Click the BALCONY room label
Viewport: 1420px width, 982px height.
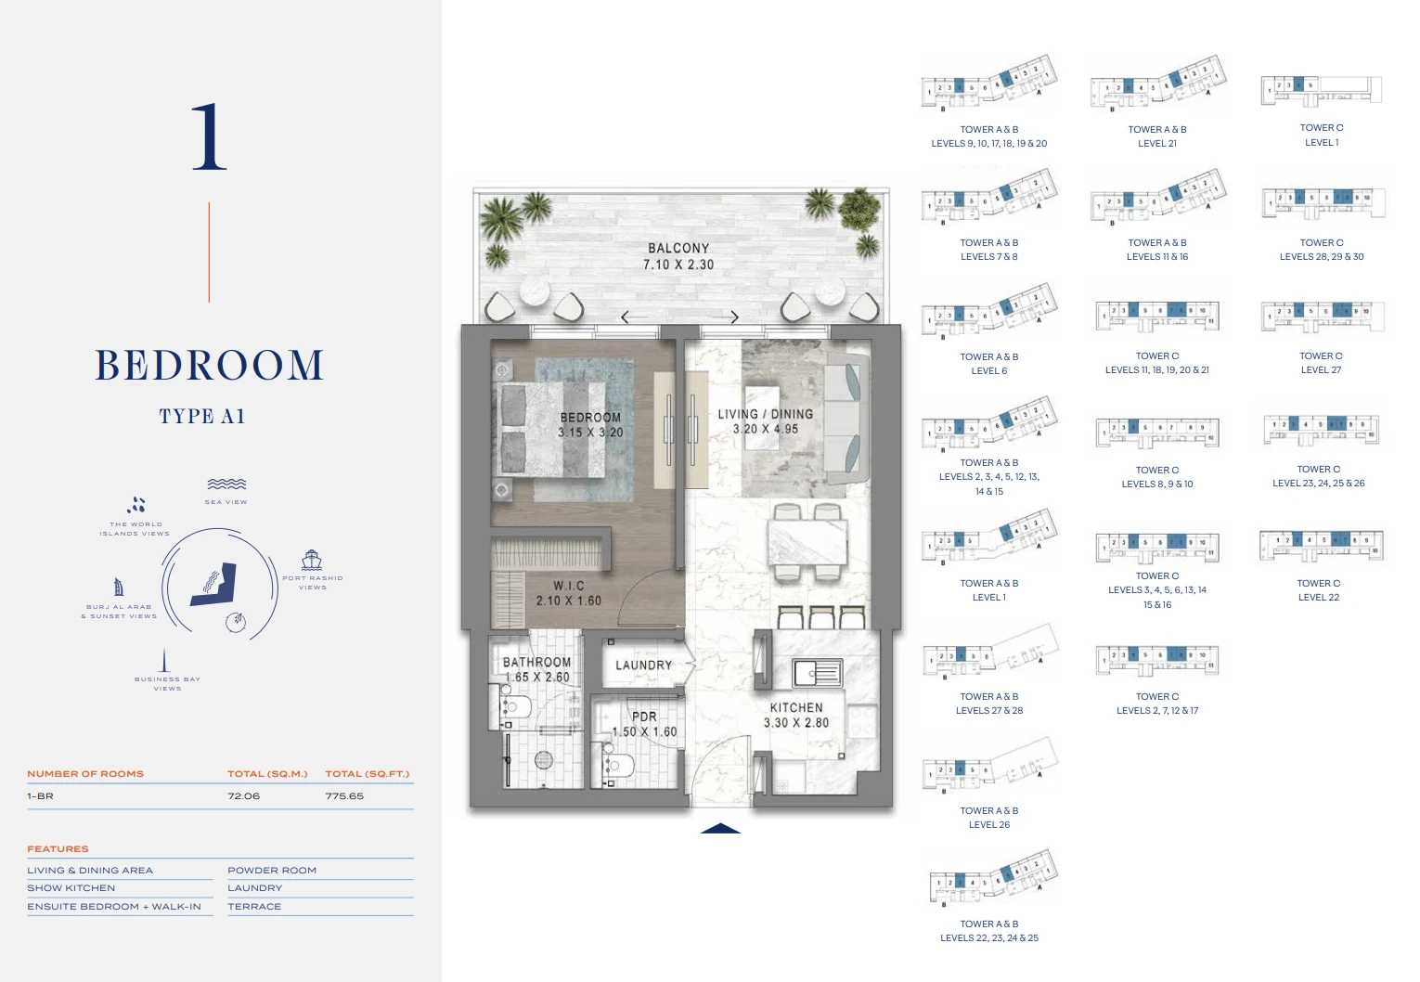(x=678, y=249)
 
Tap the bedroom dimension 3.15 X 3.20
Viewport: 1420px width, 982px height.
(x=590, y=433)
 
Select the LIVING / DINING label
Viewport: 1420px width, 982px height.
(x=765, y=414)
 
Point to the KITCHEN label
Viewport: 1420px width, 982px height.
(x=796, y=707)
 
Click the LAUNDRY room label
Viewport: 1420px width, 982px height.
(x=643, y=665)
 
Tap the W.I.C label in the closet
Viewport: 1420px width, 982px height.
(x=569, y=586)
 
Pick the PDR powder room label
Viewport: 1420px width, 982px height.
(x=644, y=717)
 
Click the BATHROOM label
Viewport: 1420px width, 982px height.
(x=536, y=662)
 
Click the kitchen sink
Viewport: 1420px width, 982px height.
(x=817, y=672)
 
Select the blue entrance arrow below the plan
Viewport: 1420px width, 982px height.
(x=720, y=828)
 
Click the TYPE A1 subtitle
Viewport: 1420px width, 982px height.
(x=201, y=417)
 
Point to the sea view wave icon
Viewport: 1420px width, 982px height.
(x=226, y=485)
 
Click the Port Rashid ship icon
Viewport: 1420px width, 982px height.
(x=312, y=560)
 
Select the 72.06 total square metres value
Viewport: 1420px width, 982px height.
(x=244, y=796)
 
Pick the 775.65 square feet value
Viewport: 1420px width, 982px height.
(x=344, y=796)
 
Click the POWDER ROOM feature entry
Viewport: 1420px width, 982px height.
(x=272, y=871)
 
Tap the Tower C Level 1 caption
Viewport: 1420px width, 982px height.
(x=1322, y=136)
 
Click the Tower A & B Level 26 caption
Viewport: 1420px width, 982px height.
(x=989, y=818)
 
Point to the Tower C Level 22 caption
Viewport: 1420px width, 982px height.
(x=1319, y=590)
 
